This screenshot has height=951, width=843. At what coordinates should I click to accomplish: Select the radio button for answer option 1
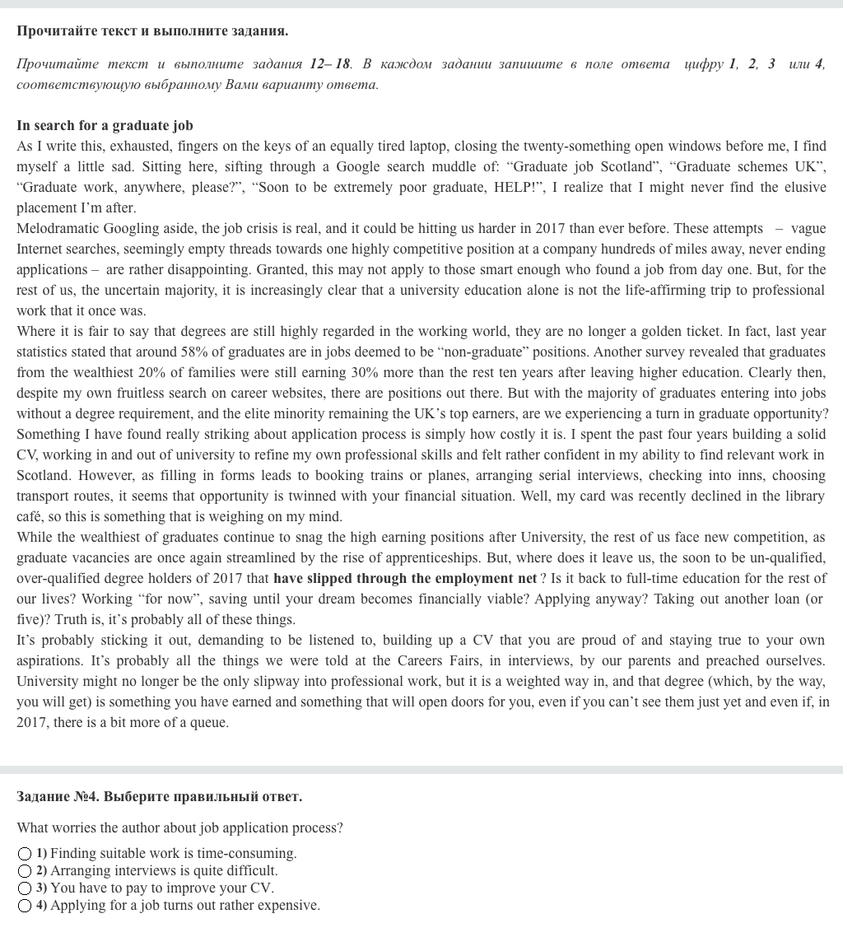point(25,854)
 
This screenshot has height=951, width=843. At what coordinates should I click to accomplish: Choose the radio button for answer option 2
point(25,871)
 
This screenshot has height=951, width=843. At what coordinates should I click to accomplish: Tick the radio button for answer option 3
point(25,888)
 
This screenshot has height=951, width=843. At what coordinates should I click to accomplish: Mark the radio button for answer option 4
point(25,906)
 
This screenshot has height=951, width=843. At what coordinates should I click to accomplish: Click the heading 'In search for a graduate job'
point(105,126)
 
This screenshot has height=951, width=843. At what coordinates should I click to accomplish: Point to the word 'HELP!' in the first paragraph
point(519,188)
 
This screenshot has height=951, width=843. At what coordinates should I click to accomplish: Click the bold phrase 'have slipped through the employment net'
point(404,579)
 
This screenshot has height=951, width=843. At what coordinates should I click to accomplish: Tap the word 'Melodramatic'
point(54,229)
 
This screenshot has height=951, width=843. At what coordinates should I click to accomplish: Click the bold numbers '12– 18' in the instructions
point(330,64)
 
